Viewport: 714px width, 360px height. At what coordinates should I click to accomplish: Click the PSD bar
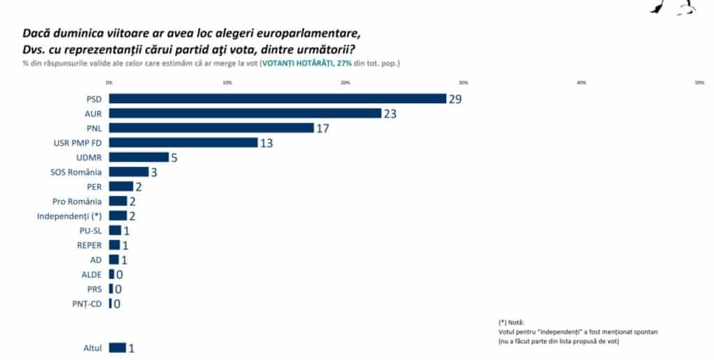point(277,98)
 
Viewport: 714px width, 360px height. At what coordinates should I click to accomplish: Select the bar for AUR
point(245,113)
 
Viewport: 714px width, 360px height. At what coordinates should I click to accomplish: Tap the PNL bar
point(211,128)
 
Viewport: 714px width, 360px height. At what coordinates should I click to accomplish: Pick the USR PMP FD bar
point(183,142)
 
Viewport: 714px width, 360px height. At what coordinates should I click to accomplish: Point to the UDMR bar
point(138,157)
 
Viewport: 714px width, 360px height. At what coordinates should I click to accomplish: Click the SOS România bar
point(128,172)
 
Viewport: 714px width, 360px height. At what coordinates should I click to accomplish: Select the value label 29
point(455,99)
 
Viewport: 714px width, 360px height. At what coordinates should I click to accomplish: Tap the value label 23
point(390,114)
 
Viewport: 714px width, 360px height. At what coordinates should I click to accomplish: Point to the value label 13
point(265,143)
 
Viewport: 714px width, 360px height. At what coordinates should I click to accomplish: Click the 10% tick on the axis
point(227,83)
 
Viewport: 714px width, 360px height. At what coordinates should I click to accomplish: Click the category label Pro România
point(77,201)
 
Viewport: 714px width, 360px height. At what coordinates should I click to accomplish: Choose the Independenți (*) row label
point(69,216)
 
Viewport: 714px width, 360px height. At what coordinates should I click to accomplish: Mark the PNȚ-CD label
point(87,303)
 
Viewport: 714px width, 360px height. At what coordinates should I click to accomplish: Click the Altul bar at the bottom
point(117,347)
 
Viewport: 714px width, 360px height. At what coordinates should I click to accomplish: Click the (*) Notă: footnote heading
point(512,322)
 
